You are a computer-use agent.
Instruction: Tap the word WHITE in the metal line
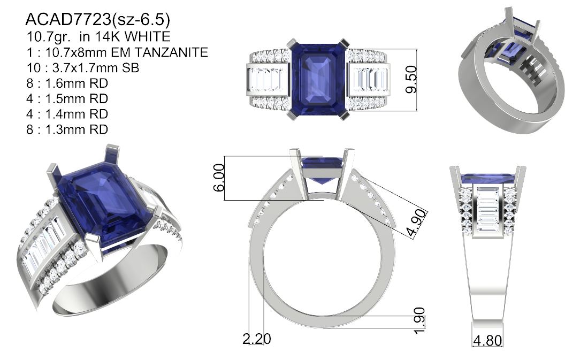[147, 36]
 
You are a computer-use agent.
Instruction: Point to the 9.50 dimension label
[411, 79]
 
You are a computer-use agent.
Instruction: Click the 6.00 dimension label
[219, 178]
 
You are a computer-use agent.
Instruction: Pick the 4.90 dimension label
[417, 224]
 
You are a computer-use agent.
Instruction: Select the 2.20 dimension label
[256, 339]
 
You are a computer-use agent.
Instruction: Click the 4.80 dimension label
[487, 341]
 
